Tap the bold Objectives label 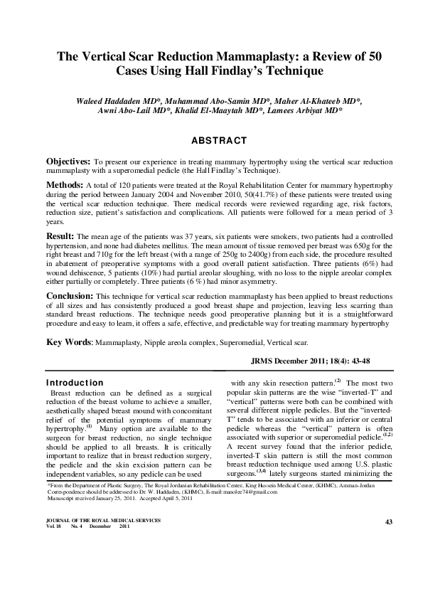(68, 162)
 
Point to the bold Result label (60, 235)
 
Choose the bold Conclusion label (69, 294)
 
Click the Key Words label (69, 342)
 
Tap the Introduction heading (75, 383)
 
